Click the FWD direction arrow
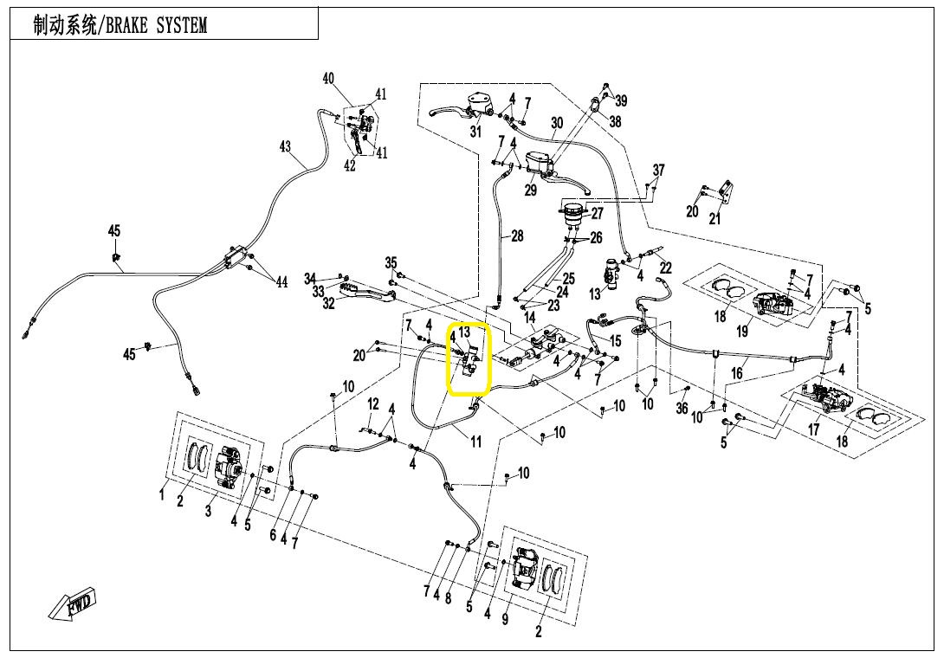pos(74,603)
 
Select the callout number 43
pos(285,147)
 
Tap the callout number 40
pos(329,79)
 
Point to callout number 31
pos(475,132)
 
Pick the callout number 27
pos(597,214)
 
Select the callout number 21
pos(714,218)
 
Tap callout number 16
pos(737,373)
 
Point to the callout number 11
pos(475,442)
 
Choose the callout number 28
pos(517,235)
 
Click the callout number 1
pos(162,494)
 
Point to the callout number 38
pos(615,122)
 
